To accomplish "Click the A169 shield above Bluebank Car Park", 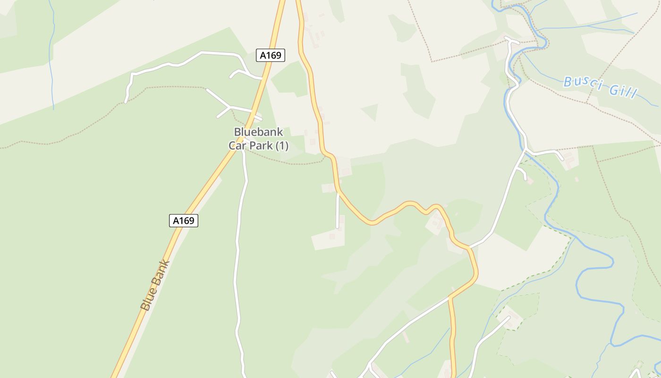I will (x=271, y=55).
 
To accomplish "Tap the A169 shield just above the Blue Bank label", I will (x=184, y=220).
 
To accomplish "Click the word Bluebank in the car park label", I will (x=258, y=132).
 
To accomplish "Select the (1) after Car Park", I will (x=281, y=146).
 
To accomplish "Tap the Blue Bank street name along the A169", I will (x=155, y=285).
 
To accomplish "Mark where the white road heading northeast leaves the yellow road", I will (x=469, y=247).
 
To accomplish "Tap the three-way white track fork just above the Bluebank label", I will (x=230, y=107).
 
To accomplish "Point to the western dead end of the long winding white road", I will (x=126, y=102).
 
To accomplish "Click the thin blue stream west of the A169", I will (x=51, y=61).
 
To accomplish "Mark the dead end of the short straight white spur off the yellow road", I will (x=337, y=227).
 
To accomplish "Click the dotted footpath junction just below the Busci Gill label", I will (x=587, y=103).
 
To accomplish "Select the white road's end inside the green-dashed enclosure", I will (x=509, y=317).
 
